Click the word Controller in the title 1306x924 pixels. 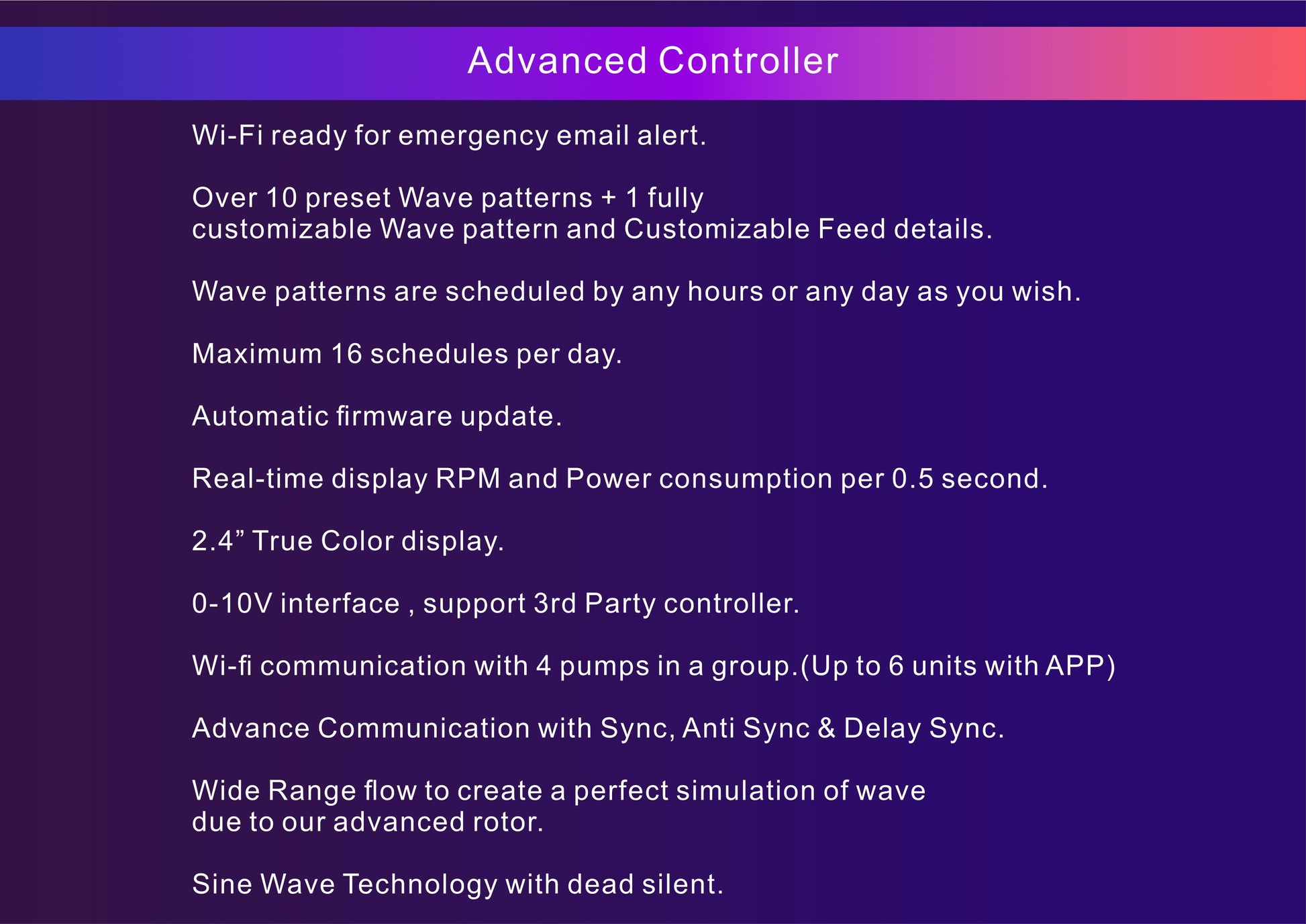[x=748, y=60]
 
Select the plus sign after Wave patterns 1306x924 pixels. [x=609, y=198]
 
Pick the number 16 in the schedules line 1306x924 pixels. [x=346, y=354]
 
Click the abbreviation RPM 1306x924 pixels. [x=468, y=479]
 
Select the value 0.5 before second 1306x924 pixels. [x=912, y=479]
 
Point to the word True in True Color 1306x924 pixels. [x=282, y=541]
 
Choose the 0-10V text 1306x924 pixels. [x=232, y=604]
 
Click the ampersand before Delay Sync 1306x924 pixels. [x=826, y=729]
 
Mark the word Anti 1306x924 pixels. [x=708, y=729]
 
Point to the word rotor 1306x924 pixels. [x=507, y=823]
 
